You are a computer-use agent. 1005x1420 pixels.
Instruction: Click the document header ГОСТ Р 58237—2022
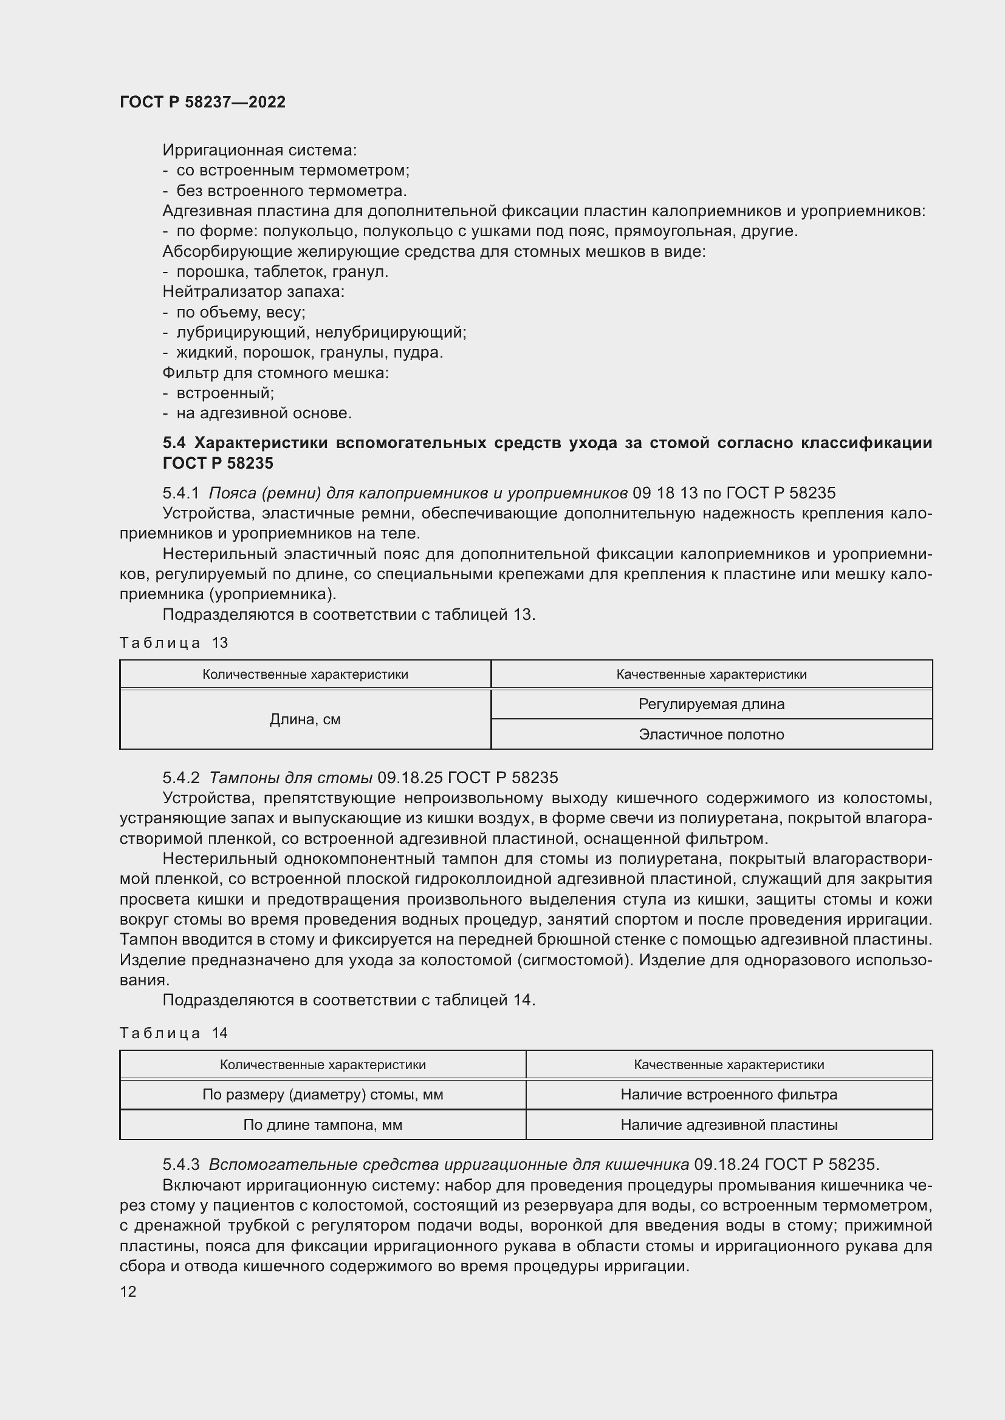coord(202,102)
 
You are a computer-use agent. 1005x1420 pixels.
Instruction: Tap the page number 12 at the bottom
coord(128,1291)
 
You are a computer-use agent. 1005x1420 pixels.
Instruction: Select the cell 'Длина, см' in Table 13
coord(305,719)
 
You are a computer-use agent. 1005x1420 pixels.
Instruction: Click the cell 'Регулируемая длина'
coord(711,704)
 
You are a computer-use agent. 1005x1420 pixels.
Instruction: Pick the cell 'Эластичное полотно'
coord(711,734)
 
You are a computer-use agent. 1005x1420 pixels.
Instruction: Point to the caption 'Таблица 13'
coord(174,642)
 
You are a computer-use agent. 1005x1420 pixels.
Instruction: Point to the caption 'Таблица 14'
coord(174,1033)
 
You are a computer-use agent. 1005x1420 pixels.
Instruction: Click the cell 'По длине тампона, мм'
coord(323,1124)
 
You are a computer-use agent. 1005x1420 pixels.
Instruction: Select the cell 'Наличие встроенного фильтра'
coord(729,1094)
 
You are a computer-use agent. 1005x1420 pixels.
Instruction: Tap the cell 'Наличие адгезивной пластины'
coord(729,1124)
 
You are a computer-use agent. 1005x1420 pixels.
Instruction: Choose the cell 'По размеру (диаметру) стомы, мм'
coord(323,1094)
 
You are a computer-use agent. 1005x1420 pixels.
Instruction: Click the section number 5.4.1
coord(180,493)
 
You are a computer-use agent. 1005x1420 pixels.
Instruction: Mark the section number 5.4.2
coord(180,778)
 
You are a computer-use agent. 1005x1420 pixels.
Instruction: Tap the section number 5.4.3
coord(180,1164)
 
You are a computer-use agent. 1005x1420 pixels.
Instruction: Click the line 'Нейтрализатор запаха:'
coord(253,291)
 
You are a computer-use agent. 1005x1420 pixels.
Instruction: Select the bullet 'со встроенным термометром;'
coord(293,170)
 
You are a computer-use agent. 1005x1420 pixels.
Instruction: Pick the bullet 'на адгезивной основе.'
coord(264,413)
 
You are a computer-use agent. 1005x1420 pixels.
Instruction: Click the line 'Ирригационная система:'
coord(259,150)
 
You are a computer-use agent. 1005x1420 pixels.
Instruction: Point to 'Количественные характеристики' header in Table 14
coord(323,1064)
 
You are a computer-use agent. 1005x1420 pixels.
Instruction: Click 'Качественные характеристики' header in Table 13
coord(711,674)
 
